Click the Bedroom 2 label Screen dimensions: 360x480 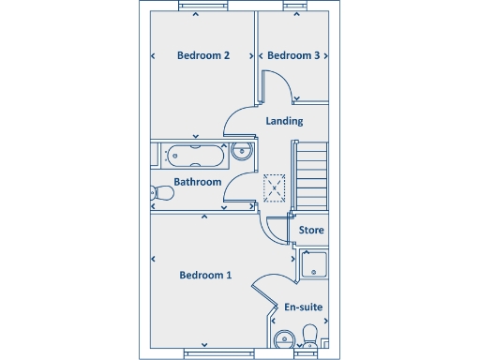[x=203, y=55]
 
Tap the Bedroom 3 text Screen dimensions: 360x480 [x=293, y=55]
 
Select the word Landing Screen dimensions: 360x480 [x=284, y=121]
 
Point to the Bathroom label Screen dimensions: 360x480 [x=198, y=182]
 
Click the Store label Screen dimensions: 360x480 [x=311, y=230]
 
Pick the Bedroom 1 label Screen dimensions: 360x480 [x=205, y=275]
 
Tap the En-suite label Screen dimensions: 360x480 [x=303, y=307]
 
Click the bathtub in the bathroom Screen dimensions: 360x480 [x=192, y=150]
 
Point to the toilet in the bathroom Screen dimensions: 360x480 [x=161, y=193]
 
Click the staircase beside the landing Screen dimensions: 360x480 [x=312, y=175]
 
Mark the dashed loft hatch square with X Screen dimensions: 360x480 [x=275, y=188]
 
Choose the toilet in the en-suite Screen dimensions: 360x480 [x=311, y=337]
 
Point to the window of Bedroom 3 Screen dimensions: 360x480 [x=296, y=6]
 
